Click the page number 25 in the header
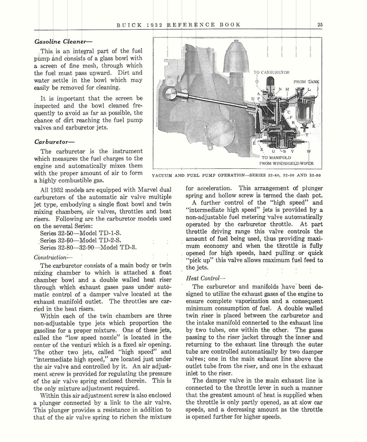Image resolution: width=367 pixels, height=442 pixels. (320, 25)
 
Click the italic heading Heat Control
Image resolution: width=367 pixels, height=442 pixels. (206, 278)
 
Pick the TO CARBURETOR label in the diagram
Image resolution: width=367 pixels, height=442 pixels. (271, 72)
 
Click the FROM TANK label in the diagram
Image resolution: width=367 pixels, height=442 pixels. (306, 82)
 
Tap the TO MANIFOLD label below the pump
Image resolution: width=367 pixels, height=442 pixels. (276, 157)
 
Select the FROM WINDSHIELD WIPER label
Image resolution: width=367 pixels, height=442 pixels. (286, 163)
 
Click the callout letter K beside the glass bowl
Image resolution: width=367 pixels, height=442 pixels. (313, 126)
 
